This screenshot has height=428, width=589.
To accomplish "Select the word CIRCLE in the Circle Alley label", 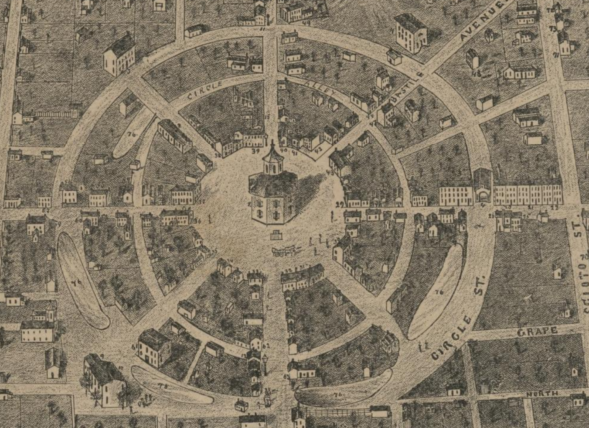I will (205, 91).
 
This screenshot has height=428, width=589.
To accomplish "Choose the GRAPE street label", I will (537, 331).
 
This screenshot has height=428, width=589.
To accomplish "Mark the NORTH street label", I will (542, 394).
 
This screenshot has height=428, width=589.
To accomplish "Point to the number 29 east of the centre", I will (340, 204).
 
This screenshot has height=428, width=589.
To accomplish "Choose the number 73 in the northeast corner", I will (553, 29).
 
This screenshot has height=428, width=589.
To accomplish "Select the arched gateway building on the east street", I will (483, 188).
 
